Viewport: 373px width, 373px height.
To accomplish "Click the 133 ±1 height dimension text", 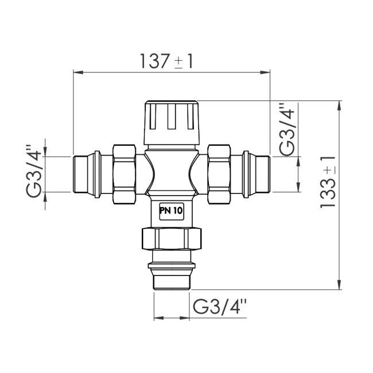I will click(x=329, y=182).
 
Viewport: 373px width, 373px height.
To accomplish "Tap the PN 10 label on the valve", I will click(x=170, y=211).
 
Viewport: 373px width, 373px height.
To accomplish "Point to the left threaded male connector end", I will click(x=85, y=174).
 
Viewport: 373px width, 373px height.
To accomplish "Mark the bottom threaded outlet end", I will click(x=171, y=279).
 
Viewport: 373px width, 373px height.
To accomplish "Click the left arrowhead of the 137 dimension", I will click(x=77, y=72).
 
